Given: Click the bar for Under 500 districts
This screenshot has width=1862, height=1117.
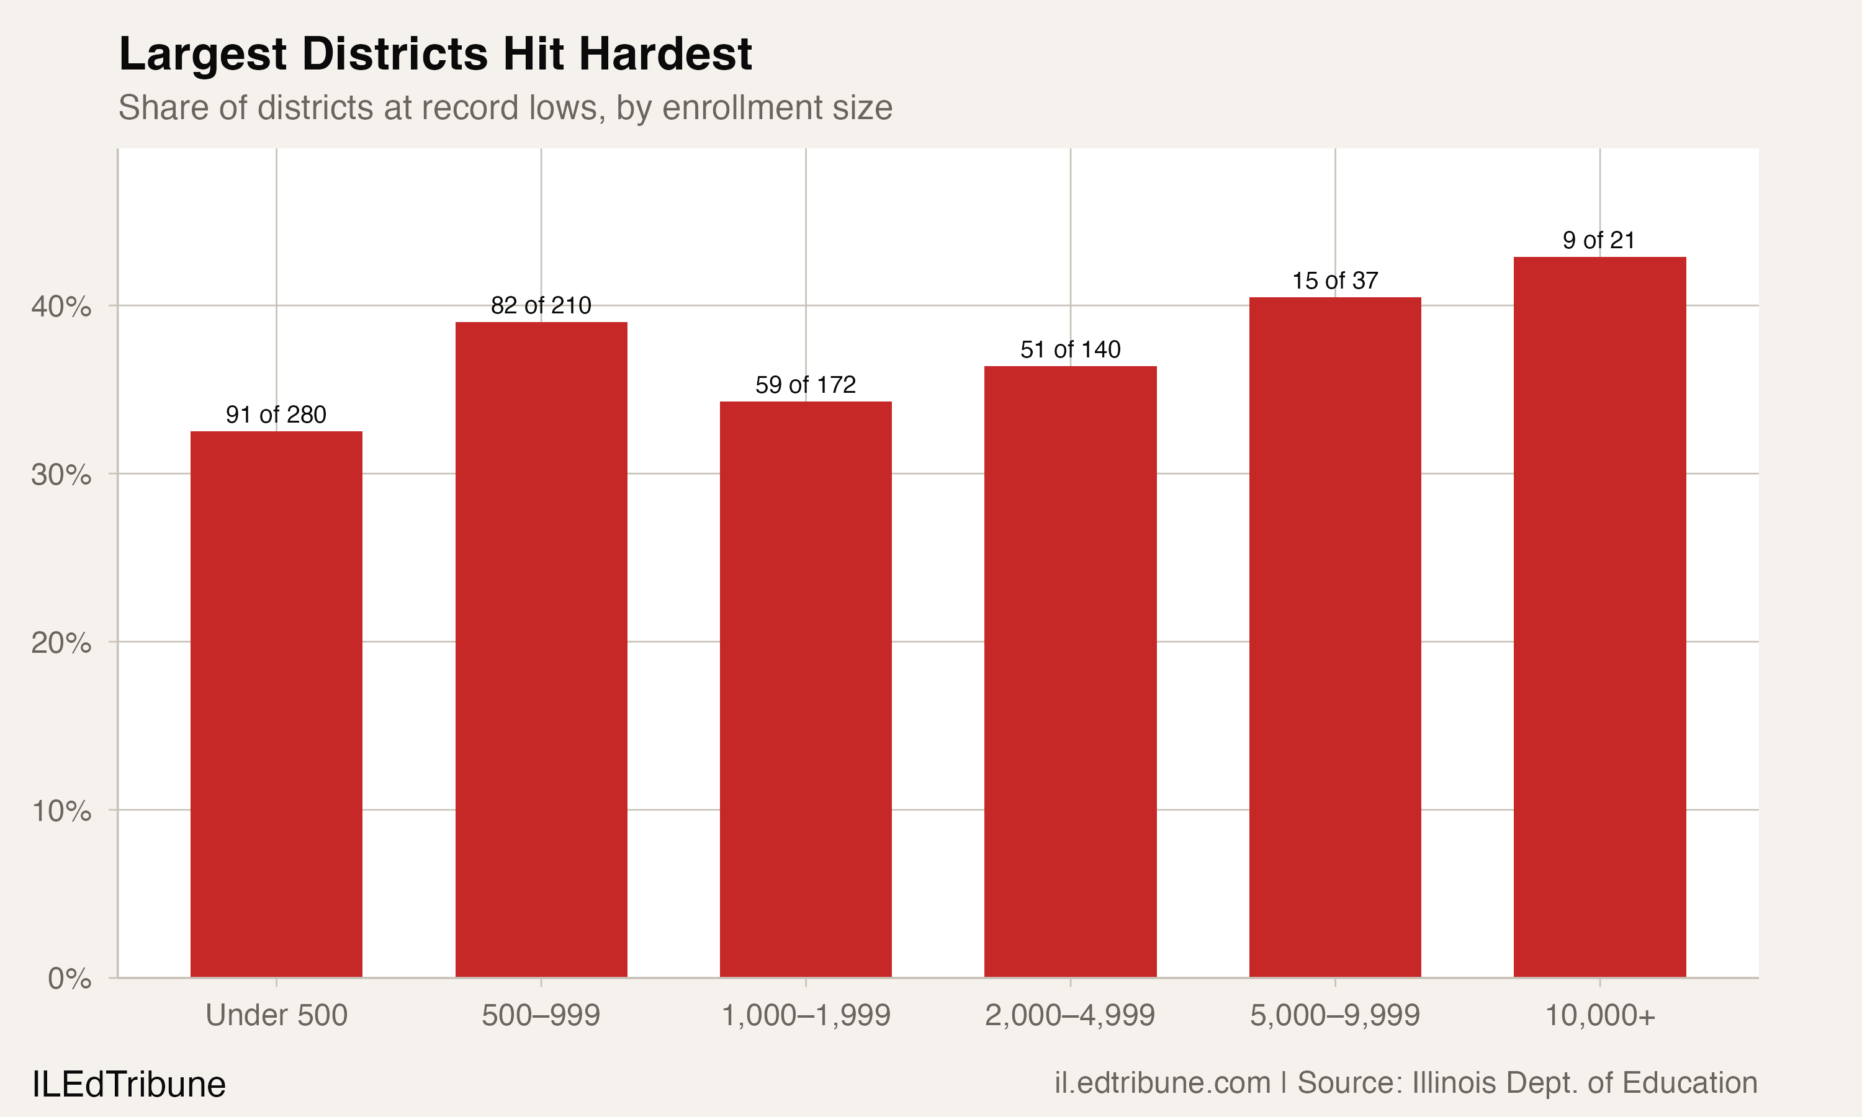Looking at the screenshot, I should click(276, 704).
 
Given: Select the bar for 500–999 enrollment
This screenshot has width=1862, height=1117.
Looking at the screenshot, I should click(541, 650).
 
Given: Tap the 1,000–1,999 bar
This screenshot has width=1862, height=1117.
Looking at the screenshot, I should click(805, 689).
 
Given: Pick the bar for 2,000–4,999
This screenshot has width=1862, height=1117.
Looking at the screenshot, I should click(1070, 671).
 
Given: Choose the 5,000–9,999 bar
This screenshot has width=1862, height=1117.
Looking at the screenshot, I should click(1335, 637).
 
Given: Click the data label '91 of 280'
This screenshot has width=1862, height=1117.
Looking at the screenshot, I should click(276, 415).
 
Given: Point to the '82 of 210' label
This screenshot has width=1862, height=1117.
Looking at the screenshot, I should click(541, 305).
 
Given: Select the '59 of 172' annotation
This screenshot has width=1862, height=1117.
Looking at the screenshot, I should click(805, 385).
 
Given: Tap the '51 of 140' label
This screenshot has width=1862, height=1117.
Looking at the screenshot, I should click(1070, 350).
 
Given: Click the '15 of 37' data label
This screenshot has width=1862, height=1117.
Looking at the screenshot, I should click(1335, 280).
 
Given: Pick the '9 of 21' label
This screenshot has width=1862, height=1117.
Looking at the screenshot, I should click(1599, 241).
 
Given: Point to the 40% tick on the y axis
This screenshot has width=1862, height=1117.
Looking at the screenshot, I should click(61, 307).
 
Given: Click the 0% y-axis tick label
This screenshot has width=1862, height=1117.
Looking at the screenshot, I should click(70, 979).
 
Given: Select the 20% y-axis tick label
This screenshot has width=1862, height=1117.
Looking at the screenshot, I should click(61, 644).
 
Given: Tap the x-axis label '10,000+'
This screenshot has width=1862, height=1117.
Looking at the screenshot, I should click(1599, 1016).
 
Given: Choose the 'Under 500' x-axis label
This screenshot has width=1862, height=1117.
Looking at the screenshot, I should click(276, 1016).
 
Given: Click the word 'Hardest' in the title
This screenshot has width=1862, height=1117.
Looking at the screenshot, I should click(665, 54).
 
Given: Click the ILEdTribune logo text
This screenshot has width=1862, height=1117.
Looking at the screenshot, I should click(128, 1085).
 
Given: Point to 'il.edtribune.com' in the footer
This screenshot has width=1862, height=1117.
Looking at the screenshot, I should click(1162, 1083).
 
